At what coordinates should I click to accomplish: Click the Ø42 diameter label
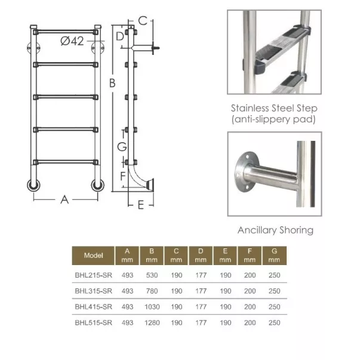[72, 41]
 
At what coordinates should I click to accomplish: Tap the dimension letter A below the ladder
[64, 200]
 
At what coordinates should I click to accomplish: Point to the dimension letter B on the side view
[112, 83]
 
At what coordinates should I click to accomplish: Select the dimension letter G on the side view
[122, 147]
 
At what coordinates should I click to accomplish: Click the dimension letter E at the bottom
[141, 205]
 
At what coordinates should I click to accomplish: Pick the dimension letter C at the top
[143, 21]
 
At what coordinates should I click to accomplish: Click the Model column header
[93, 256]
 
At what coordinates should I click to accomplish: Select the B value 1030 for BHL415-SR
[152, 307]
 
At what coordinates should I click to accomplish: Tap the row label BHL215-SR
[94, 275]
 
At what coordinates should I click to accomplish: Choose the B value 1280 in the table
[152, 322]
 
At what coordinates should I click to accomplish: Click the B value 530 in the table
[152, 275]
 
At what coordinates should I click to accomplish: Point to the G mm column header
[274, 256]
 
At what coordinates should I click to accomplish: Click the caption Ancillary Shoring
[275, 230]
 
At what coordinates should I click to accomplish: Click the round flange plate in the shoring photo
[245, 171]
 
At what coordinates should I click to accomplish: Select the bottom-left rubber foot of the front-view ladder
[33, 185]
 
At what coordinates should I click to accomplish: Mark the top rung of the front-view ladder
[66, 32]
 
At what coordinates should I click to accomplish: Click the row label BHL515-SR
[94, 322]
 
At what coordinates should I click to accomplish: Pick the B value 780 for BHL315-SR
[152, 291]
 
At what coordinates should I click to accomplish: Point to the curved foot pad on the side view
[150, 184]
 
